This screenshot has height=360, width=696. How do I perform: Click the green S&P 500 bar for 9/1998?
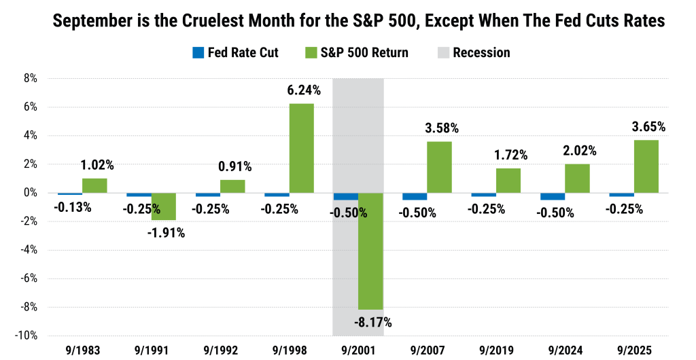[302, 148]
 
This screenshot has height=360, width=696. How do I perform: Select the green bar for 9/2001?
[370, 251]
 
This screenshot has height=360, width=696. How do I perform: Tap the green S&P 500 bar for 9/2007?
[440, 167]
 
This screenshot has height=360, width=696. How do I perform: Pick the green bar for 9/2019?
[508, 180]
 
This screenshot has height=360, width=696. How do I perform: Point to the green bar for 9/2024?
[578, 178]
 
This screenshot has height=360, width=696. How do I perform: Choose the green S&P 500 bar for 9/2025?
[646, 166]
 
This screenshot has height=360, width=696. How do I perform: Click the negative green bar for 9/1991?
[164, 206]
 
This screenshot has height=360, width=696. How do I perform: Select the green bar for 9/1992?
[232, 186]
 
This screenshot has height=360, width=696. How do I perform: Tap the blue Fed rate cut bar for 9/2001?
[345, 196]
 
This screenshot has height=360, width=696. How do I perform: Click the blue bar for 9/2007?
[415, 196]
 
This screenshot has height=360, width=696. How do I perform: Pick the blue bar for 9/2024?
[553, 196]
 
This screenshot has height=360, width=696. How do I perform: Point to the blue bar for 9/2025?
[621, 195]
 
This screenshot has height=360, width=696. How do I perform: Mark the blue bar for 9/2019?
[483, 195]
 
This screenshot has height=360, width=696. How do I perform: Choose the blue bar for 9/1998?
[277, 195]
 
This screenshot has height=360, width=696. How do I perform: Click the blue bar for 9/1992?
[207, 195]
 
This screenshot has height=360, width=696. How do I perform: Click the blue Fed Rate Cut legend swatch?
[198, 52]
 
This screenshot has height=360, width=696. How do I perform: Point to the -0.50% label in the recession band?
[349, 213]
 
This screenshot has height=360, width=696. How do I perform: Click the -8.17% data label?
[371, 323]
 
